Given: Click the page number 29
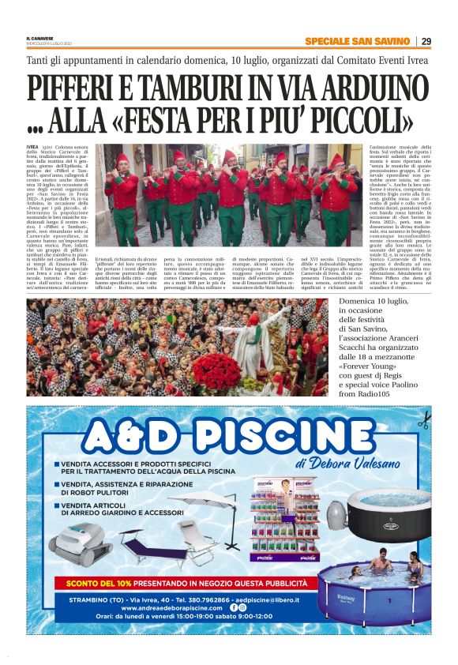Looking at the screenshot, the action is (426, 41).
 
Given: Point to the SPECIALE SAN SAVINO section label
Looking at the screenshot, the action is (358, 41).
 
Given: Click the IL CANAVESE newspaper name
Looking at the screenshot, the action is (39, 38).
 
